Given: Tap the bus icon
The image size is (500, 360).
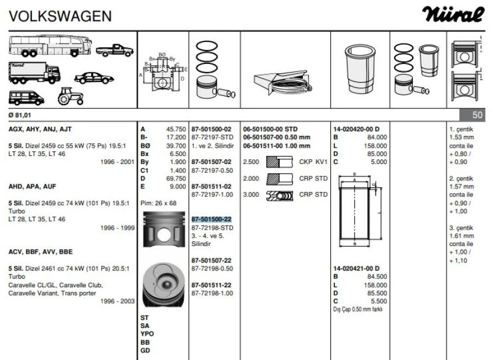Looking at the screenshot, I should (50, 45).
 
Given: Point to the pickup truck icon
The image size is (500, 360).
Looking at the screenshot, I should (115, 50).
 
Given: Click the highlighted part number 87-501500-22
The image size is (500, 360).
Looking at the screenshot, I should (212, 219).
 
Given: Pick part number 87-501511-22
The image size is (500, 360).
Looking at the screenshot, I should (212, 285).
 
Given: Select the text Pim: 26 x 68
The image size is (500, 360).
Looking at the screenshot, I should (159, 203).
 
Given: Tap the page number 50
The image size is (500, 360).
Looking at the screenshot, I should (478, 114).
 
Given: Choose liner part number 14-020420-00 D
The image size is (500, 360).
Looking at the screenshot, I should (356, 129).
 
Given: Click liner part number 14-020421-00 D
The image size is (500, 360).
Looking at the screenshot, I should (356, 268).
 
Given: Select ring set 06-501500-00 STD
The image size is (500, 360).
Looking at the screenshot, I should (270, 129).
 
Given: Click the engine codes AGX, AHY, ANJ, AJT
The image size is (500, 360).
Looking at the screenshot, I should (40, 129).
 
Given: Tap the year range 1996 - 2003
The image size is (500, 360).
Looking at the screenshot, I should (117, 301).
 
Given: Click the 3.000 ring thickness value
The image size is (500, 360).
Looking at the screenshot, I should (251, 195).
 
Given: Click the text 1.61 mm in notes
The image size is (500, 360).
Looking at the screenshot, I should (462, 236).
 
